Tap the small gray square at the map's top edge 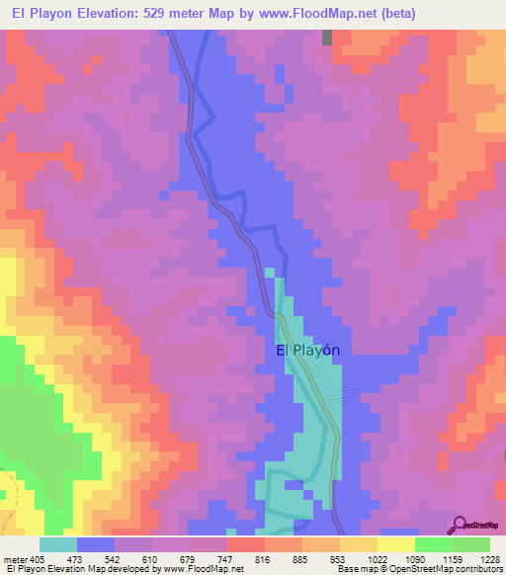327,37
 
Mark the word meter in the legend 14,558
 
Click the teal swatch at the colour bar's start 58,544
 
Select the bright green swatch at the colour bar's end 471,544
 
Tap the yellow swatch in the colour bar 396,544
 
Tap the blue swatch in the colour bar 96,544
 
